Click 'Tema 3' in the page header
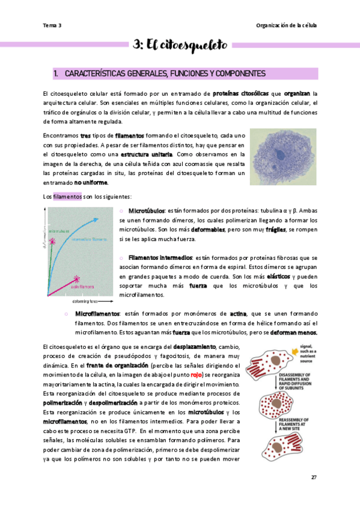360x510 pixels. coord(52,25)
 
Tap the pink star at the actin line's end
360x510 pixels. coord(77,278)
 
